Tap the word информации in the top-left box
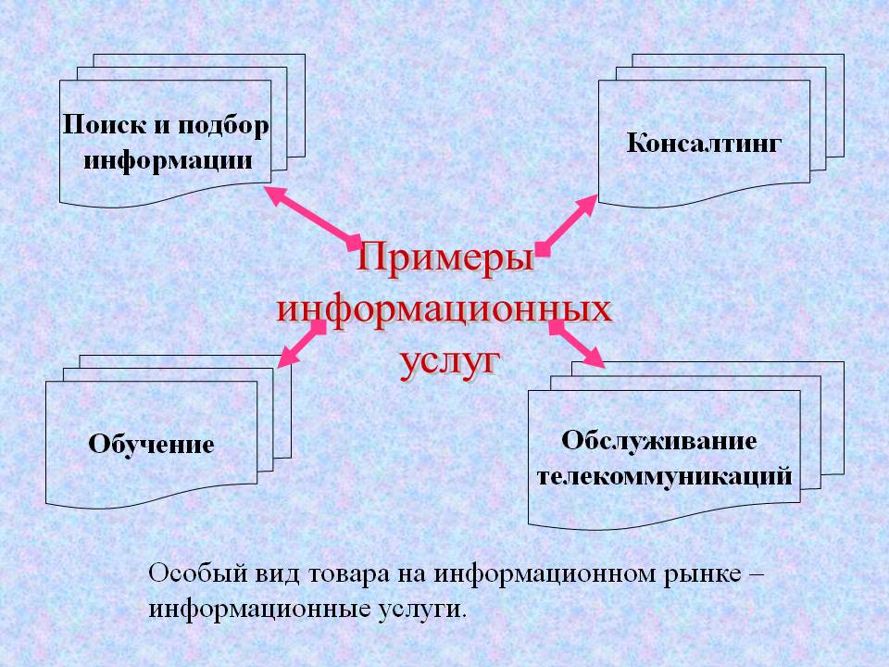coord(168,160)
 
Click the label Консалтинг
coord(704,143)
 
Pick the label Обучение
coord(151,444)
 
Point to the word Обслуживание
coord(658,441)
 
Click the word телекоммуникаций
coord(664,476)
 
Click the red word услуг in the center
coord(450,361)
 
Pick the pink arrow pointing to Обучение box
coord(302,343)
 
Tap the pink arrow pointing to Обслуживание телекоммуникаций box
coord(576,344)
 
